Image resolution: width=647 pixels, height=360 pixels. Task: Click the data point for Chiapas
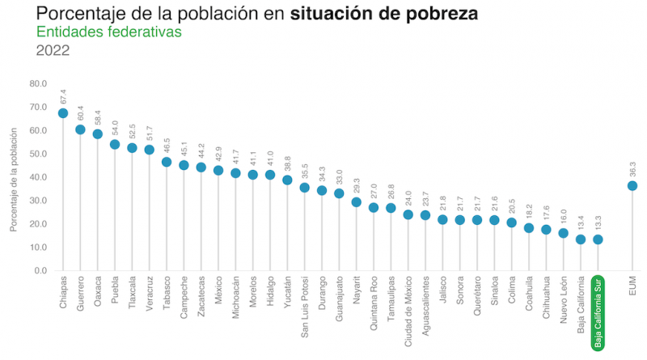tap(63, 113)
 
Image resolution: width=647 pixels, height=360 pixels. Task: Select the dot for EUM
tap(632, 185)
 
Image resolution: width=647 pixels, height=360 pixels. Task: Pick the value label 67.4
tap(63, 95)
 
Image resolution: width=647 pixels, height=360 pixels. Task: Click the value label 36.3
tap(632, 168)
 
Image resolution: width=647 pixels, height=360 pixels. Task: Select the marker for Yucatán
tap(287, 180)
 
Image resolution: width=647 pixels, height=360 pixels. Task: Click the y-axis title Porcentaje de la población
tap(14, 176)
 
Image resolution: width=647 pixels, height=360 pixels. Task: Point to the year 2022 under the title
tap(53, 50)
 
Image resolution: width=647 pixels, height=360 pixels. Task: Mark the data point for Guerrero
tap(80, 129)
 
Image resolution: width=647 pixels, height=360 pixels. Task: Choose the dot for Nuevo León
tap(564, 233)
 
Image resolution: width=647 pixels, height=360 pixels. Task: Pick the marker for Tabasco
tap(167, 162)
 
